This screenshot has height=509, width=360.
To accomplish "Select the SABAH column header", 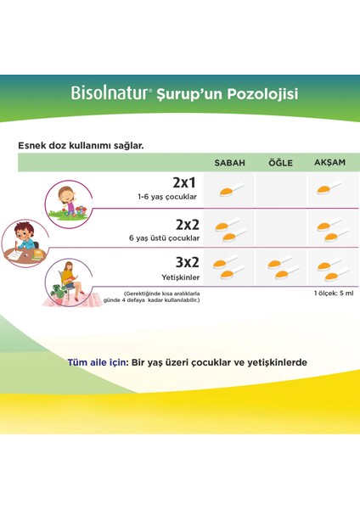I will [230, 161].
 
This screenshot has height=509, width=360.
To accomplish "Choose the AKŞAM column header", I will [329, 161].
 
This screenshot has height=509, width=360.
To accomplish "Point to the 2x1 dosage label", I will [186, 182].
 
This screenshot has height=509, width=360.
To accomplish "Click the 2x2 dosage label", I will [186, 225].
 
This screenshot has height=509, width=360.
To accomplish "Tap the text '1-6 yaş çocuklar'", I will [172, 197].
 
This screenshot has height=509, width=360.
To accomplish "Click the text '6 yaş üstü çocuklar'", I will [167, 238].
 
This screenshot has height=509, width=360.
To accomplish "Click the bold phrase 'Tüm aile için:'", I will [96, 361].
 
